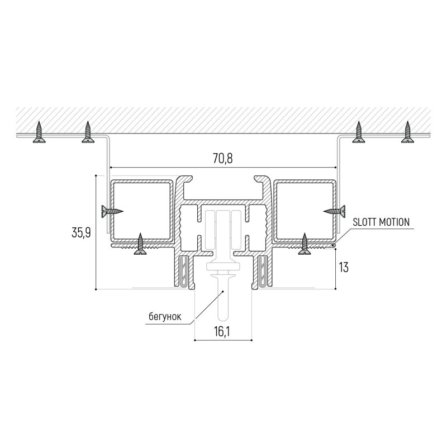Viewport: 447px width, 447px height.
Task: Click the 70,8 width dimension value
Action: click(x=222, y=158)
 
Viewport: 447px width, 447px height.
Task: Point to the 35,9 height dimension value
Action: click(x=81, y=232)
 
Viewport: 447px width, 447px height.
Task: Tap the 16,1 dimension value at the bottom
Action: click(x=222, y=331)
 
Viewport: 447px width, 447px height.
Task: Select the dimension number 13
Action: click(x=344, y=268)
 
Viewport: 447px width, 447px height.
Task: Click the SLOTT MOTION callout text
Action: click(x=381, y=222)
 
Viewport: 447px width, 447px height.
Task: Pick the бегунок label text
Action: click(x=165, y=316)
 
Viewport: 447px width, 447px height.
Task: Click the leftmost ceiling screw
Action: click(x=39, y=132)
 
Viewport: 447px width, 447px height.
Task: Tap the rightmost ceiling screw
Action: click(x=407, y=132)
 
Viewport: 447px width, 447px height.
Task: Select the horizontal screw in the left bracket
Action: click(x=112, y=211)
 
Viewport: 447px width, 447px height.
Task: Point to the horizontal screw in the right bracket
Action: click(x=334, y=211)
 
